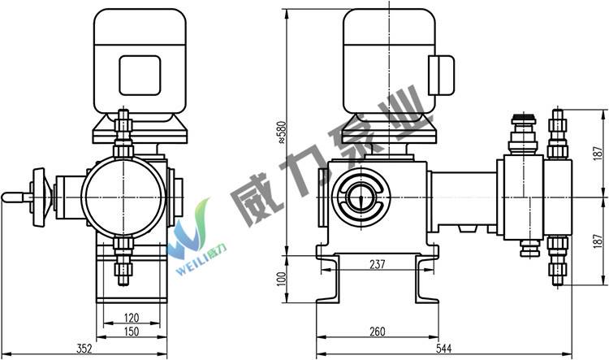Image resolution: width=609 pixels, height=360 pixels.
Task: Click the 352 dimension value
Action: pyautogui.click(x=84, y=349)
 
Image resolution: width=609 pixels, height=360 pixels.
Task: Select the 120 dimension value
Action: pyautogui.click(x=132, y=318)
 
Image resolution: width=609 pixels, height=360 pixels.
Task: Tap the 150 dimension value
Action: pyautogui.click(x=132, y=332)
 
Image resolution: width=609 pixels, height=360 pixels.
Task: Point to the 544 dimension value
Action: pyautogui.click(x=443, y=349)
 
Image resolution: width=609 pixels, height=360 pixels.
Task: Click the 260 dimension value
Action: pyautogui.click(x=377, y=332)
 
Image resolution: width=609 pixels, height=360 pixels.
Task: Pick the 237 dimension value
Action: pyautogui.click(x=377, y=264)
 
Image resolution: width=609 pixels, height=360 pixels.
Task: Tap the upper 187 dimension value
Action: pyautogui.click(x=598, y=153)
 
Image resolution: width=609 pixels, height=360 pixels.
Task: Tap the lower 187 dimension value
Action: pyautogui.click(x=598, y=241)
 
